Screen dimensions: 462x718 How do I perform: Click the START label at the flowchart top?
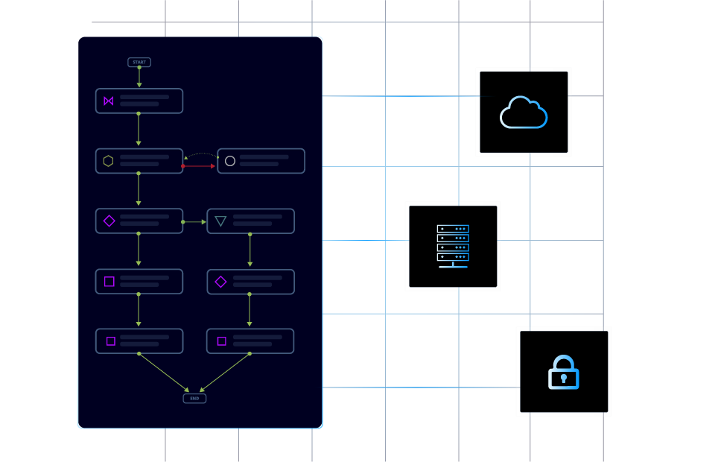point(139,63)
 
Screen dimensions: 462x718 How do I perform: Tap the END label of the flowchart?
point(194,399)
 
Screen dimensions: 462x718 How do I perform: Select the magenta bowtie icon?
point(109,101)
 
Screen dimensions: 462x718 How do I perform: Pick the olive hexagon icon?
point(109,161)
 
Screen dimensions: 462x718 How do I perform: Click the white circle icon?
point(230,161)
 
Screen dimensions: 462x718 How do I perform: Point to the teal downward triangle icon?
point(220,221)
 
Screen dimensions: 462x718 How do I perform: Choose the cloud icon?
point(524,113)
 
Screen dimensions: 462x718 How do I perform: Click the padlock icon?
point(564,372)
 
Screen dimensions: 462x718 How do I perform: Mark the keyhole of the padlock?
point(564,379)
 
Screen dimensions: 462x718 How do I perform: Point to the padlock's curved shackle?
point(564,361)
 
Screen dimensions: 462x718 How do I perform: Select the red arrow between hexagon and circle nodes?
point(199,166)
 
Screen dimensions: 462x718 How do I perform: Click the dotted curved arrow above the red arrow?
point(200,154)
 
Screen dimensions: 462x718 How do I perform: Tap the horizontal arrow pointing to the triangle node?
point(194,221)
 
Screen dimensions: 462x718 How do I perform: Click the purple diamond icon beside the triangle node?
point(109,221)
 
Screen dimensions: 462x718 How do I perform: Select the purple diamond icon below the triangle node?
point(220,282)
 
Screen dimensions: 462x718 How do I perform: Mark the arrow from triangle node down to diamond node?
point(250,251)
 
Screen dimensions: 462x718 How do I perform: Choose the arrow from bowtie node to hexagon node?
point(139,130)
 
